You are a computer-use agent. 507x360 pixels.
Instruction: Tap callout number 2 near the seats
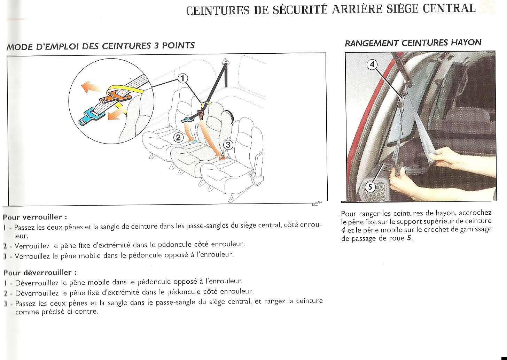178,137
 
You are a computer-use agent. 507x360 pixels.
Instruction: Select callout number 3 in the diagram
228,145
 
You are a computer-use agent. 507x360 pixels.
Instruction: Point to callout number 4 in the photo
372,64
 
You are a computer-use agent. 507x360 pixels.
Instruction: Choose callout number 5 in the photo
370,187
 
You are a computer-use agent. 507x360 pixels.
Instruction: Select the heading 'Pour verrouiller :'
35,217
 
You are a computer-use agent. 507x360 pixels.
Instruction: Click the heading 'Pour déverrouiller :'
40,273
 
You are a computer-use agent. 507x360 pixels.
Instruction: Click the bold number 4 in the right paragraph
343,230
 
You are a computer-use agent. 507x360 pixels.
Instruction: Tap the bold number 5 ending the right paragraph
410,238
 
